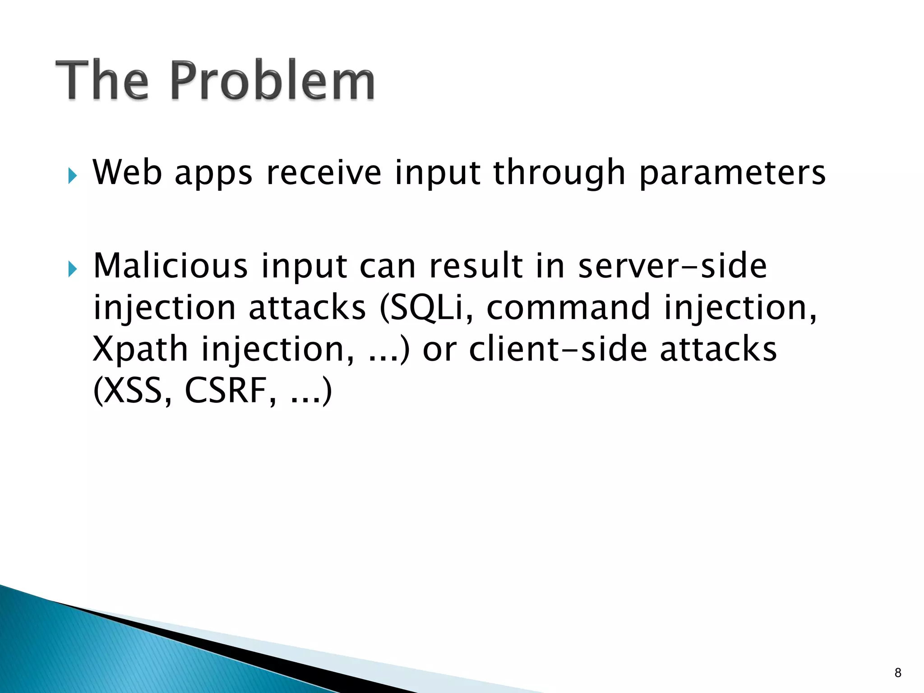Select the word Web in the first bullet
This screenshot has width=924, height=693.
(x=127, y=172)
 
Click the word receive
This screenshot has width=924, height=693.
(x=324, y=172)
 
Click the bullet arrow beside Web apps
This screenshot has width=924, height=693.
(x=73, y=176)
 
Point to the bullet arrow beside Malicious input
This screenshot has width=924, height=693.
(x=73, y=269)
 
